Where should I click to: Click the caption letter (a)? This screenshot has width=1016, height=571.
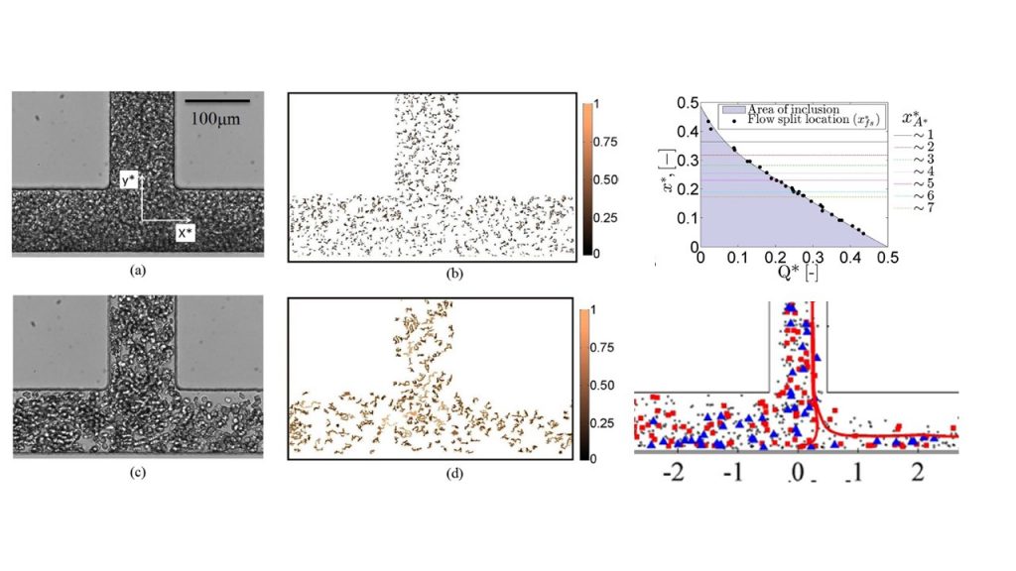point(138,270)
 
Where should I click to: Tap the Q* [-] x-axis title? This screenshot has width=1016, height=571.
point(784,275)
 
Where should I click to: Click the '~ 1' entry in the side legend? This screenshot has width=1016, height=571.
point(933,130)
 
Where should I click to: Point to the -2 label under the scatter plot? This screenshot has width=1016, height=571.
point(675,472)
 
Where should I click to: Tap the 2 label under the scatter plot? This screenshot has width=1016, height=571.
point(918,472)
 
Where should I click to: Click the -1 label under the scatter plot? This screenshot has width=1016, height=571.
point(734,472)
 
